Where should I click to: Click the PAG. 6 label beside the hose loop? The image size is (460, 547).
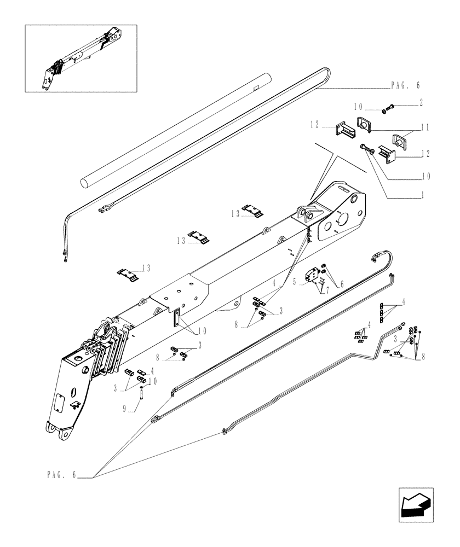405,86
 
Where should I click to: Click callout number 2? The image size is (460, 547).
421,102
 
